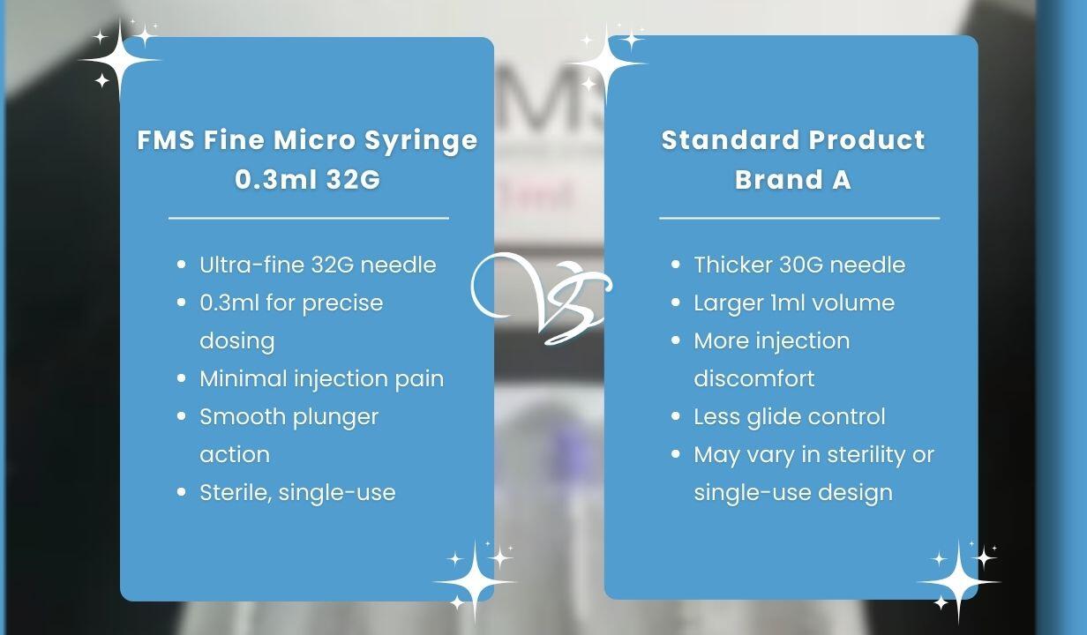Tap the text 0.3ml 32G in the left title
[307, 179]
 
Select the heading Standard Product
[792, 140]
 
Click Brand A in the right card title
[792, 179]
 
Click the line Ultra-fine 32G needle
[318, 265]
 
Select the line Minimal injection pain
[321, 378]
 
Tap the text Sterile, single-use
[297, 492]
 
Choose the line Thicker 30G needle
[799, 265]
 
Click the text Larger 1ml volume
[794, 303]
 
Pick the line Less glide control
[789, 416]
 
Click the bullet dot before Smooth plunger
[182, 416]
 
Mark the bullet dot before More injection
[676, 340]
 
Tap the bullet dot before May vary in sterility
[676, 454]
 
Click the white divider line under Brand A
[799, 217]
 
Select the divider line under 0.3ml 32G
[309, 217]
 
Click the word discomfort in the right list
[753, 378]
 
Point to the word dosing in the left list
[236, 340]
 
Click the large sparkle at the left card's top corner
[121, 61]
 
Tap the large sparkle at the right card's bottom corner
[958, 582]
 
